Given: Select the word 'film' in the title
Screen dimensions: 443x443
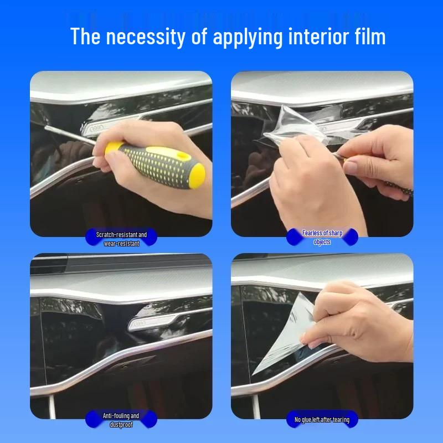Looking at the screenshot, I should click(369, 37).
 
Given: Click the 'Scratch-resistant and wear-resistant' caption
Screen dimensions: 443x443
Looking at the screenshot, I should click(121, 239).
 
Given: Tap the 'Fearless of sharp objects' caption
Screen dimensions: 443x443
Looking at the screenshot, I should click(322, 238).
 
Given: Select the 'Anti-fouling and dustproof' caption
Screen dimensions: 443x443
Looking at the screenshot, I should click(121, 420).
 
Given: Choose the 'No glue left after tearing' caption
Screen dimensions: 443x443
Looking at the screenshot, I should click(322, 420).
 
